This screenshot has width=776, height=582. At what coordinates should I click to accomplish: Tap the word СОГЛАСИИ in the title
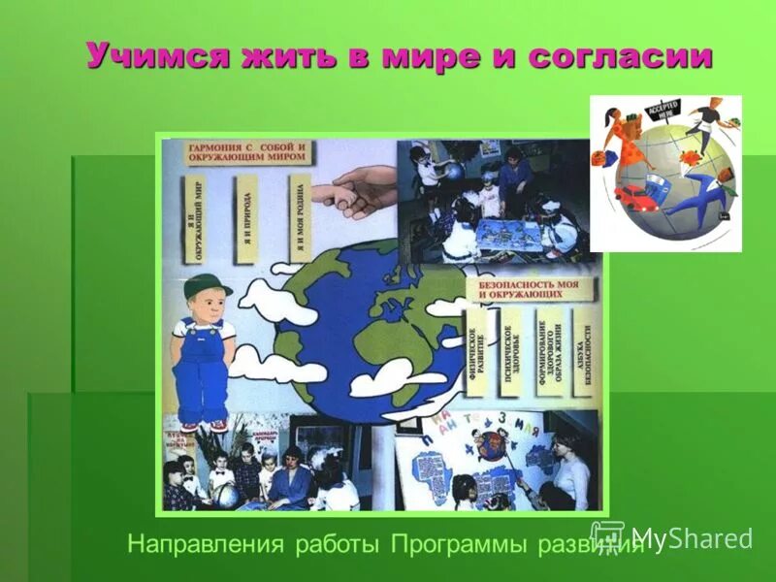click(621, 55)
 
